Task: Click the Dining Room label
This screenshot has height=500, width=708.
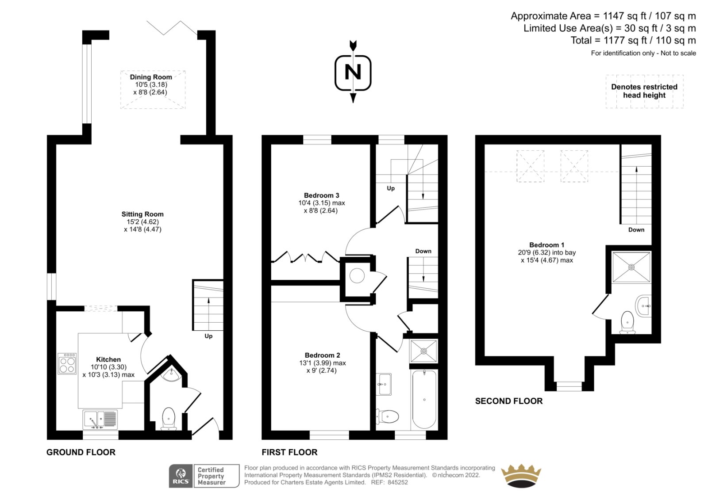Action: (x=151, y=77)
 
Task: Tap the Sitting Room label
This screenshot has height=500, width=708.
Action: (x=142, y=214)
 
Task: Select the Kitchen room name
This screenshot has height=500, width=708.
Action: (x=108, y=359)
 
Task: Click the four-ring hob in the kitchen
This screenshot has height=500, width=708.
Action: (x=67, y=363)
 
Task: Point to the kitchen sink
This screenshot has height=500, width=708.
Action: (x=100, y=420)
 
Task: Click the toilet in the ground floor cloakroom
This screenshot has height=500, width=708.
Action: (x=169, y=419)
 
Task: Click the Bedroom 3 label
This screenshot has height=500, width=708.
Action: (x=321, y=195)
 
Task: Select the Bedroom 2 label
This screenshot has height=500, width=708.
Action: (x=323, y=355)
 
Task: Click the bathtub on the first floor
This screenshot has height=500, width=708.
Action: (x=424, y=400)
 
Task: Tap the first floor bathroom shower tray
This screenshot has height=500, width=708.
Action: (x=423, y=351)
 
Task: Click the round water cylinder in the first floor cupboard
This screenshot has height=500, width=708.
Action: (x=357, y=276)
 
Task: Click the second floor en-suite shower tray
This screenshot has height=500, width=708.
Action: (x=631, y=267)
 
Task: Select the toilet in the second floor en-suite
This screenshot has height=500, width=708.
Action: (x=627, y=322)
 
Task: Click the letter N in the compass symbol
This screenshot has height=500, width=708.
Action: (x=353, y=73)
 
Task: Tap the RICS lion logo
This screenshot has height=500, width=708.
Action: (x=181, y=476)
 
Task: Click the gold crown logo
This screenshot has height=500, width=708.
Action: (x=521, y=476)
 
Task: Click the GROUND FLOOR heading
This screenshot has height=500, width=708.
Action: (x=81, y=452)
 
